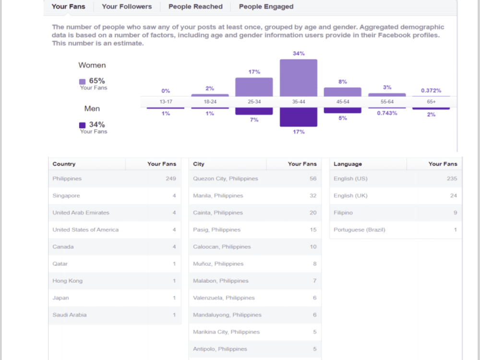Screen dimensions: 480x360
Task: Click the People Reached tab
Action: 195,6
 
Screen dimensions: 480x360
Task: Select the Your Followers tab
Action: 127,6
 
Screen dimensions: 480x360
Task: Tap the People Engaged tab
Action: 266,7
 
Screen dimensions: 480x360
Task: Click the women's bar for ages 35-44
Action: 299,78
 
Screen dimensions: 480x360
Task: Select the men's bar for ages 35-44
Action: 299,117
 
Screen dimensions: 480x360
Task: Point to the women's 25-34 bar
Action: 254,87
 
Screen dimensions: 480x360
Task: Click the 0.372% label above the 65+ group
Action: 431,91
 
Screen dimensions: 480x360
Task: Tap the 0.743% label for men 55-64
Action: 387,113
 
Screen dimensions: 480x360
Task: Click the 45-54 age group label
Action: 343,102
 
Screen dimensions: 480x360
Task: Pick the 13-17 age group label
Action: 166,102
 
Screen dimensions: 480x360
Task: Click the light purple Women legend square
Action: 83,82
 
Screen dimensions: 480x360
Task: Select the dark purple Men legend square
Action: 83,125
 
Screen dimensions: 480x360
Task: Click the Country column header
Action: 64,164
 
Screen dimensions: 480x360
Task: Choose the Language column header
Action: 348,164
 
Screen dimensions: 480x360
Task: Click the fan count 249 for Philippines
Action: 171,179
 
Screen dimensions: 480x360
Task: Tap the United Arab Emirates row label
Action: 81,213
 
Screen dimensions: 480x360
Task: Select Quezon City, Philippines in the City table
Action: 225,179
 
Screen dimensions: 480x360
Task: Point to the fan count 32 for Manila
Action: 313,196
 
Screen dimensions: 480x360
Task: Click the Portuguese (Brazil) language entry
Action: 360,229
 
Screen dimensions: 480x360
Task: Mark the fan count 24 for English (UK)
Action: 454,196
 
